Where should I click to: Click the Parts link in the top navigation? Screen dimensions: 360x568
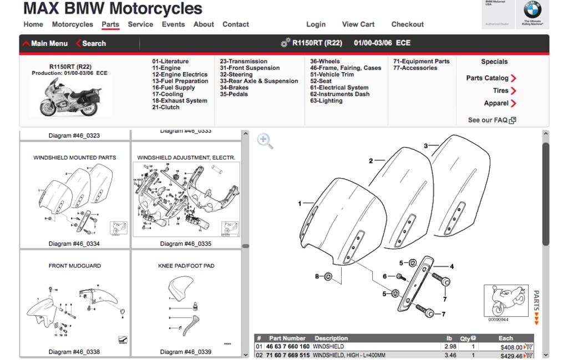(x=110, y=24)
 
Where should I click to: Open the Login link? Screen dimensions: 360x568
(x=316, y=24)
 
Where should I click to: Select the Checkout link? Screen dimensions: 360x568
(x=407, y=24)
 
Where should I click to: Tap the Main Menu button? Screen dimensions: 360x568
(x=45, y=43)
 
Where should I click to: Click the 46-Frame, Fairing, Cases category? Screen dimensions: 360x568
(x=345, y=68)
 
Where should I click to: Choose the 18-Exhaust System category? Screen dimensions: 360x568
(x=179, y=101)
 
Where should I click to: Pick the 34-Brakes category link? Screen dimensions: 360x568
(x=234, y=88)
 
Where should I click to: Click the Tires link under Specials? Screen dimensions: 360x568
(x=501, y=90)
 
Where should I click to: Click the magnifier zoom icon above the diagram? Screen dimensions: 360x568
(x=266, y=141)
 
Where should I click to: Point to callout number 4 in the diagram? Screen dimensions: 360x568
(x=452, y=266)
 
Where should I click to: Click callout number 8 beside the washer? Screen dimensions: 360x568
(x=317, y=276)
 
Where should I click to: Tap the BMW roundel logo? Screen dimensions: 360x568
(x=532, y=11)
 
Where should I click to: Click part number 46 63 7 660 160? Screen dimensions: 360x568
(x=287, y=347)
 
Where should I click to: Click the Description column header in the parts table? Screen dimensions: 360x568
(x=331, y=338)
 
